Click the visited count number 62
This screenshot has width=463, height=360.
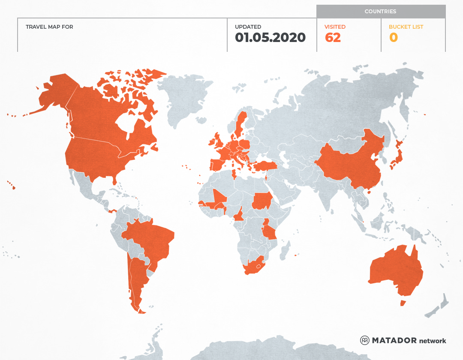pyautogui.click(x=333, y=38)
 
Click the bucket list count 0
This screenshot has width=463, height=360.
pyautogui.click(x=393, y=38)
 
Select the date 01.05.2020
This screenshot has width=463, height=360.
pyautogui.click(x=270, y=38)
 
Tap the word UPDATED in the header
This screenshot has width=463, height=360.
pyautogui.click(x=248, y=27)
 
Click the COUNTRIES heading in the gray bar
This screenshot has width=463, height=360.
pyautogui.click(x=380, y=12)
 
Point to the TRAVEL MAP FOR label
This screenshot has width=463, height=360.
pyautogui.click(x=49, y=27)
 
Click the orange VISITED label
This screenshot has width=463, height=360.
pyautogui.click(x=335, y=27)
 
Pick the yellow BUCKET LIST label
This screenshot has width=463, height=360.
pyautogui.click(x=406, y=27)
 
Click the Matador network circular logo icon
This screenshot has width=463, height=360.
pyautogui.click(x=364, y=340)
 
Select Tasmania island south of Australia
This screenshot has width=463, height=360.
pyautogui.click(x=403, y=303)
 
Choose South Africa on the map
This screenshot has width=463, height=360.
pyautogui.click(x=253, y=267)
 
